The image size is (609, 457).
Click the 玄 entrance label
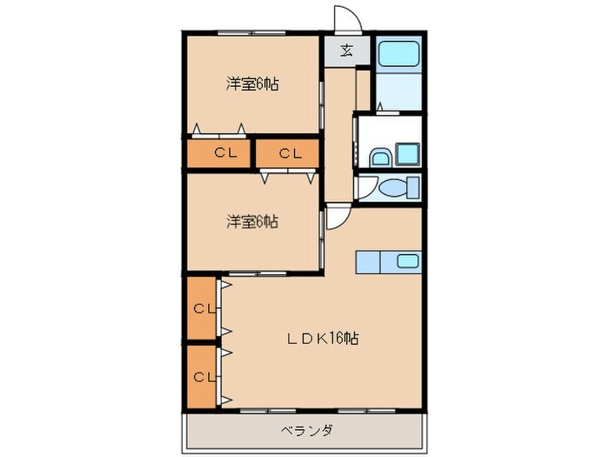point(346,50)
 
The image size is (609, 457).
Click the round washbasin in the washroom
point(379,158)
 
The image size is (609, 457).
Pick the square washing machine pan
point(408,154)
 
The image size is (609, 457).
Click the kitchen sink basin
point(406,259)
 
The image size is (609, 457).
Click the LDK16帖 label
point(325,338)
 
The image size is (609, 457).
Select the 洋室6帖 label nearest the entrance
point(253,84)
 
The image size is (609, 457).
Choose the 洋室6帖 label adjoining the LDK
point(253,222)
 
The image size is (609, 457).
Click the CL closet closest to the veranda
point(204,377)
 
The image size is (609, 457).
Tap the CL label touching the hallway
point(291,154)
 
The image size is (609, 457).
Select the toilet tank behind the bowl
point(414,187)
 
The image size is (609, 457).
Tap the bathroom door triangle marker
point(380,107)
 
